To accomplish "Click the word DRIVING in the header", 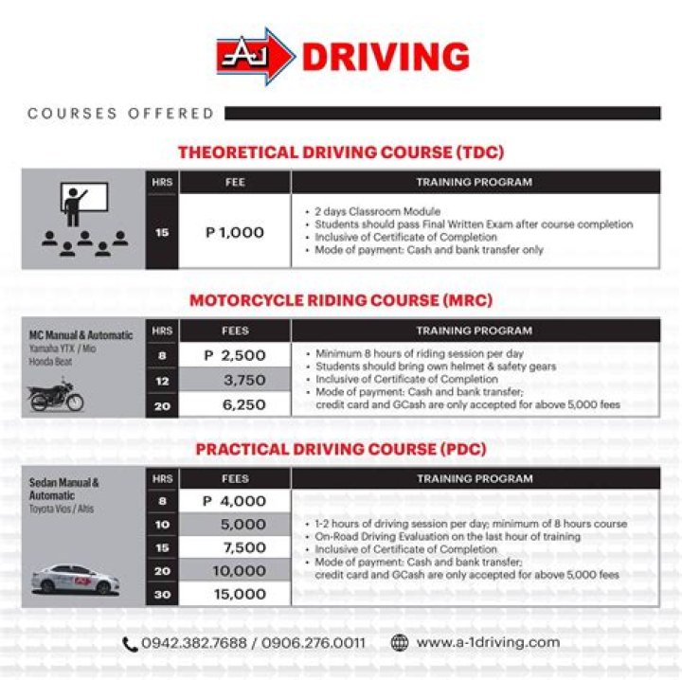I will [385, 58].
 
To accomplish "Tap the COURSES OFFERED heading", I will [121, 114].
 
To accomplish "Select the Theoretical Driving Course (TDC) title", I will [341, 152].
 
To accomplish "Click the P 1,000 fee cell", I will [235, 232].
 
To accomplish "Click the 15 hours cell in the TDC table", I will [162, 232].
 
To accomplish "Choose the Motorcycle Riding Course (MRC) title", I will [341, 300].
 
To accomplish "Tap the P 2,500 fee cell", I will [235, 356].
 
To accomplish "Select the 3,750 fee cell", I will [235, 380].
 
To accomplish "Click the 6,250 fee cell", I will [235, 403].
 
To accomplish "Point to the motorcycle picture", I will [56, 395].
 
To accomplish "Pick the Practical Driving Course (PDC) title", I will [341, 448].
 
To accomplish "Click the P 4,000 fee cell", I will [235, 501].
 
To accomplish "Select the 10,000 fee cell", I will [235, 571].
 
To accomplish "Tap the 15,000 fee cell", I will [235, 594].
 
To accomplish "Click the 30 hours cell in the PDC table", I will [162, 594].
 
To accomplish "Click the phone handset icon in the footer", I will [130, 644].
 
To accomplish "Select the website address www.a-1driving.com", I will [488, 643].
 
